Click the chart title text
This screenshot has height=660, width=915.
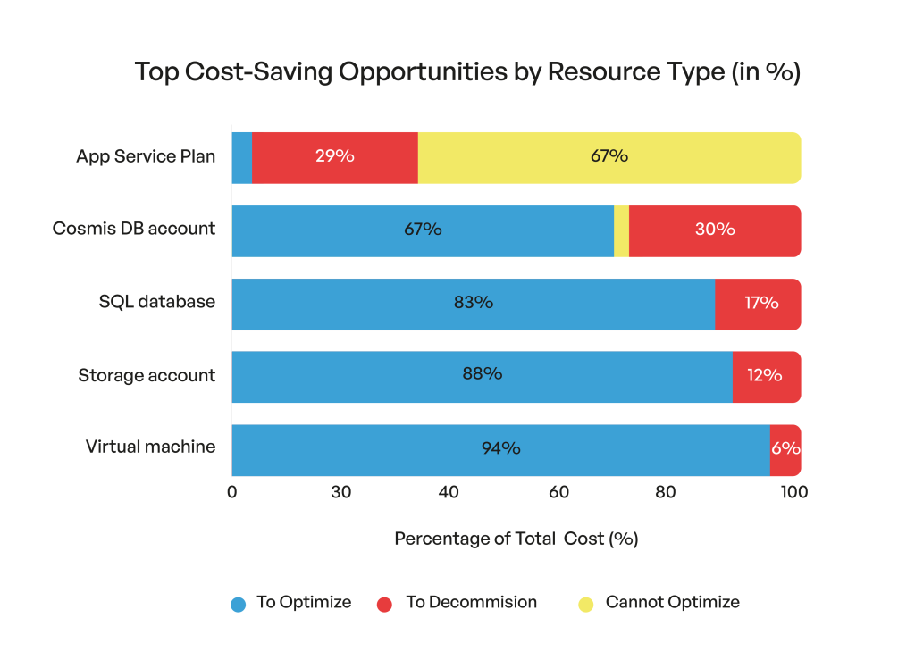tap(466, 73)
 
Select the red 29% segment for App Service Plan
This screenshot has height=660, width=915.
tap(334, 157)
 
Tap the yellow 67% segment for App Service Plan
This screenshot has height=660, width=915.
tap(609, 157)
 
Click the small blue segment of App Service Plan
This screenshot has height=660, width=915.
tap(241, 157)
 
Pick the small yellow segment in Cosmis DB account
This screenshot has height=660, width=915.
tap(621, 230)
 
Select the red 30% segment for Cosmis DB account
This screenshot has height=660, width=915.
tap(714, 230)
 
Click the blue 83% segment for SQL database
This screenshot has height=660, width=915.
tap(473, 304)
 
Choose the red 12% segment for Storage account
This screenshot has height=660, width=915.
tap(766, 376)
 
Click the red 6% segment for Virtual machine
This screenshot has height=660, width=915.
tap(785, 449)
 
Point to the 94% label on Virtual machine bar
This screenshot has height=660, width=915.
tap(500, 449)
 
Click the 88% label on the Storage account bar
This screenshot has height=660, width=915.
tap(482, 374)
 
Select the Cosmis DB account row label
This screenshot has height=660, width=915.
tap(134, 229)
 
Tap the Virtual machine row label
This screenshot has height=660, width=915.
tap(150, 447)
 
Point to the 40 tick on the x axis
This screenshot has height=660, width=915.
tap(449, 492)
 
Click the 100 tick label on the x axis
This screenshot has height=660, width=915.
tap(793, 492)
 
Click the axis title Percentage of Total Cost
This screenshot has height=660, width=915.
tap(516, 539)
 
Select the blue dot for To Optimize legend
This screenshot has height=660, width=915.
tap(238, 604)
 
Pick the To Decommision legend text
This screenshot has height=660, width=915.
tap(471, 603)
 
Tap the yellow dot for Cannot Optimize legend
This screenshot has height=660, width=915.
tap(586, 604)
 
